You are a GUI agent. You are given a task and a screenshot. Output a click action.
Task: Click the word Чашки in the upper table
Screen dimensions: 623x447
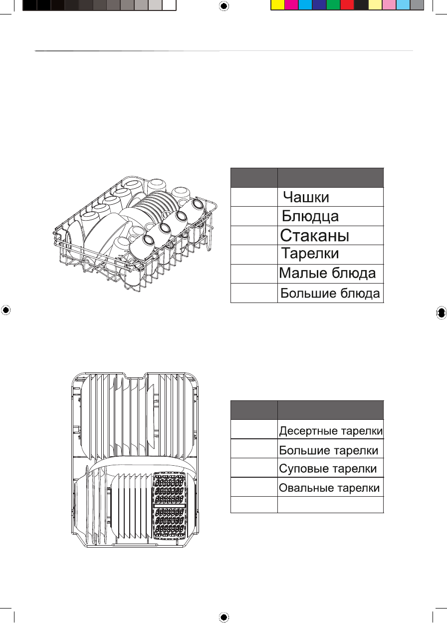tap(306, 197)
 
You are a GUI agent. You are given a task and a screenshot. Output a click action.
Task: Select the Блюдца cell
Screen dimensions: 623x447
tap(310, 216)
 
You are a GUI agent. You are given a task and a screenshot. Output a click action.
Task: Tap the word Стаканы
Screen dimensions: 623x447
tap(314, 235)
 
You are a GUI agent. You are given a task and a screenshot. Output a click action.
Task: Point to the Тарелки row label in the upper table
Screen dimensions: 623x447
tap(310, 254)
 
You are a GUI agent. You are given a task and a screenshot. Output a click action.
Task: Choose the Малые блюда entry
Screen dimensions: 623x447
tap(327, 274)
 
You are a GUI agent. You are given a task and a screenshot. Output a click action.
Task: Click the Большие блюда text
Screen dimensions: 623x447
tap(331, 293)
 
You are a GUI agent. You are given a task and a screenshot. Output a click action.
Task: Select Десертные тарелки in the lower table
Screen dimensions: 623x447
tap(331, 431)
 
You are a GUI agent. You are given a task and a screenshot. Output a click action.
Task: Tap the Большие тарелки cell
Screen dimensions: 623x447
tap(328, 450)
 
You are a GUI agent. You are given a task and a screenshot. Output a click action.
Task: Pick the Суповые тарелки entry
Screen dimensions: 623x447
tap(328, 469)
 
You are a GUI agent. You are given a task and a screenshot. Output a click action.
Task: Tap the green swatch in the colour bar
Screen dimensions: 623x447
tap(333, 5)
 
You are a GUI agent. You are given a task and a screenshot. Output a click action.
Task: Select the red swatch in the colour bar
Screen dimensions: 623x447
tap(347, 5)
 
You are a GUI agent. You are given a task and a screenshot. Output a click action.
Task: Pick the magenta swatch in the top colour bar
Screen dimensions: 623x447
tap(291, 5)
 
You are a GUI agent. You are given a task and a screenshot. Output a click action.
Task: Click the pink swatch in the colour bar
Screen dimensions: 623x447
tap(389, 5)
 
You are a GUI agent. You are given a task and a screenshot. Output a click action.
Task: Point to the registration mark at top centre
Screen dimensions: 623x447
tap(223, 5)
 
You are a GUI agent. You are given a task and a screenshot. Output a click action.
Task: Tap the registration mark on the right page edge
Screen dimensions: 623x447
tap(441, 311)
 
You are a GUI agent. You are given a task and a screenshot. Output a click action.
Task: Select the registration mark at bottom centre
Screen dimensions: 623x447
tap(223, 617)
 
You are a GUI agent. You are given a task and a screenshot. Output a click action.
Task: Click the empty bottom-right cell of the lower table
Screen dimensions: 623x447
tap(330, 505)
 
